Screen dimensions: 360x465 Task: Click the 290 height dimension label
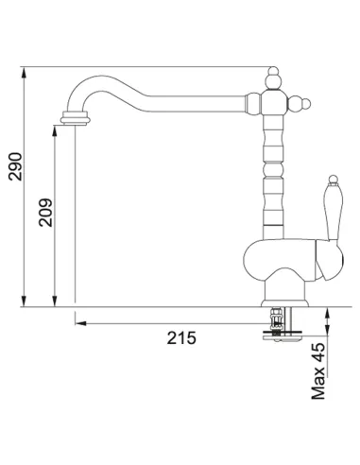click(15, 166)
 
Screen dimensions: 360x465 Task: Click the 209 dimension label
click(45, 213)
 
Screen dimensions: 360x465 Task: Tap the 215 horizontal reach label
click(181, 338)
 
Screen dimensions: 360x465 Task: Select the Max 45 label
click(318, 371)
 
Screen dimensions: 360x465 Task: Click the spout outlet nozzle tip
click(76, 118)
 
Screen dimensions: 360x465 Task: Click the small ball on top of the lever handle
click(333, 180)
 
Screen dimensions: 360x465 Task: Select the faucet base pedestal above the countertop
click(284, 290)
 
